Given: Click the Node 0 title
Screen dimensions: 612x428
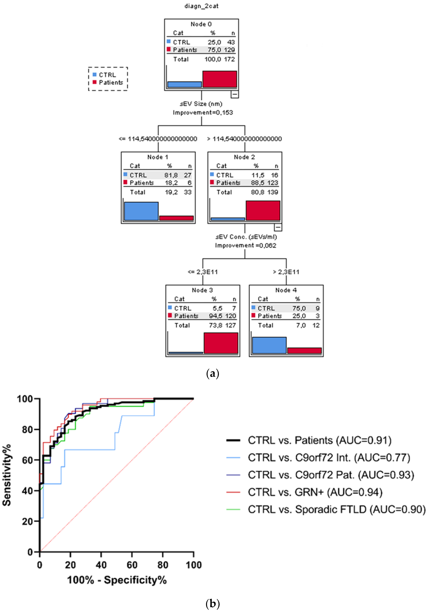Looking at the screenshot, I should pos(201,24).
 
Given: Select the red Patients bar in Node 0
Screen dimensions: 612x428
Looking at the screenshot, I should pos(219,79).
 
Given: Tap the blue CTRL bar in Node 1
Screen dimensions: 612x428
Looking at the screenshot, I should pos(141,211).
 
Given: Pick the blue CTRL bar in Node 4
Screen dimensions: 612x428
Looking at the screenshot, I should pos(269,345).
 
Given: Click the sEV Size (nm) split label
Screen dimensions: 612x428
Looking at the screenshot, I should pos(201,104).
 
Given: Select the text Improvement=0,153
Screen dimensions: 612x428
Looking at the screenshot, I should pos(203,112).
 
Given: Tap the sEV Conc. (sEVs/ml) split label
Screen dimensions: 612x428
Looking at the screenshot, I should pos(246,237).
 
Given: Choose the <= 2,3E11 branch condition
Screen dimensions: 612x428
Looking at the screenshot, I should pos(203,272).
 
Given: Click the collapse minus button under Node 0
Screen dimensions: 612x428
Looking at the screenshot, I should pos(234,94).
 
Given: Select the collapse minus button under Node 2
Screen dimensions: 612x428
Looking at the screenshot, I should pos(278,227).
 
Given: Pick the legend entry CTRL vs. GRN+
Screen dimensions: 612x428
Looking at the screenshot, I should pos(315,492).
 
